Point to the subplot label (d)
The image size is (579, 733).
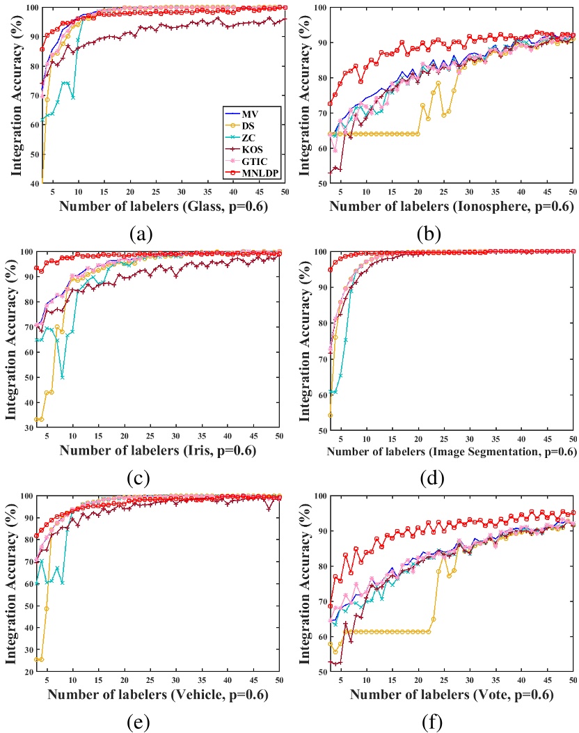click(432, 459)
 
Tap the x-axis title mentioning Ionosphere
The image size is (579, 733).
click(451, 207)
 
